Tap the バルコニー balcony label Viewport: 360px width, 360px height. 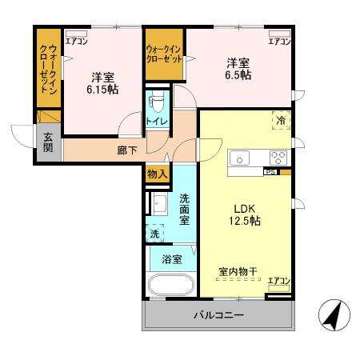[x=218, y=315]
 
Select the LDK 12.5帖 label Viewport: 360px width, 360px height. [x=246, y=214]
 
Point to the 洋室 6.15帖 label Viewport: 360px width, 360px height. [x=102, y=84]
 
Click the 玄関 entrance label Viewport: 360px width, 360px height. [x=47, y=143]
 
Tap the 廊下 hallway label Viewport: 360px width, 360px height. [x=127, y=150]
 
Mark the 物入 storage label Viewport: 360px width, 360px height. [x=157, y=174]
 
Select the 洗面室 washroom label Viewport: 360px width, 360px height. [x=183, y=210]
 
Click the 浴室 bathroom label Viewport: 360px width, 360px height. [x=172, y=259]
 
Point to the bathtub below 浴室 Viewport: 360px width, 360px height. [x=170, y=286]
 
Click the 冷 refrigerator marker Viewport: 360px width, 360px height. [x=281, y=120]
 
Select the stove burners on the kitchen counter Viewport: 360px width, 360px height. [x=278, y=157]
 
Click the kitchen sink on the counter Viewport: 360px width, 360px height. [x=241, y=157]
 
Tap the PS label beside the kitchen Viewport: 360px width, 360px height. [x=270, y=171]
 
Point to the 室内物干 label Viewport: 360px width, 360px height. [x=238, y=272]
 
